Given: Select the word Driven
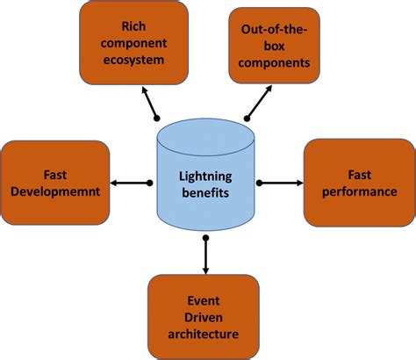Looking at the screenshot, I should point(204,316).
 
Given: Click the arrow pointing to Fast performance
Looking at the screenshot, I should point(281,183).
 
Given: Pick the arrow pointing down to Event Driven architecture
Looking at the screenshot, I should point(204,255).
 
